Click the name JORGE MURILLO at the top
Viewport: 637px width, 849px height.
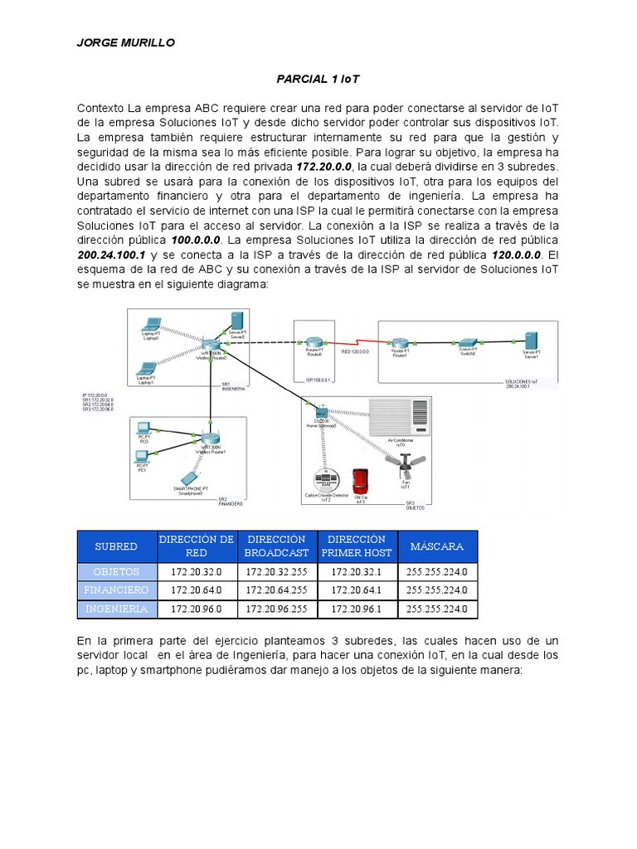(126, 43)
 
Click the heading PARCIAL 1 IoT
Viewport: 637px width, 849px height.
(318, 79)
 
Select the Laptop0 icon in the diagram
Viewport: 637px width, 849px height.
(151, 324)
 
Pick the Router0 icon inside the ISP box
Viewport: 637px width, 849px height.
(313, 343)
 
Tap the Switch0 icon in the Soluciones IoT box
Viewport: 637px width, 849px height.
(468, 342)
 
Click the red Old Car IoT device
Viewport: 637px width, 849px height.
(360, 482)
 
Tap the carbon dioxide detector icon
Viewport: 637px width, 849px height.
(325, 480)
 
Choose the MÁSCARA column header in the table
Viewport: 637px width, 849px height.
(436, 547)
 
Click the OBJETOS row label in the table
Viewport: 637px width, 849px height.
(116, 571)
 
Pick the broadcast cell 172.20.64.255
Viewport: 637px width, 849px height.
(276, 590)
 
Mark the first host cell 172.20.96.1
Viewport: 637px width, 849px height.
(356, 609)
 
